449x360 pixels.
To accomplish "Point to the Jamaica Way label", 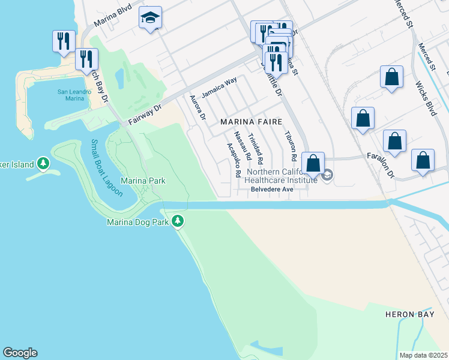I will coord(219,88).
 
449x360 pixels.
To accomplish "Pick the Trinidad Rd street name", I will coord(256,149).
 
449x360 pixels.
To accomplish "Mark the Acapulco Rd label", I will coord(233,160).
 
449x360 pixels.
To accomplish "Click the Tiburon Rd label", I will coord(290,147).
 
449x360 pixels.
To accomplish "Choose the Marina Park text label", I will coord(143,181).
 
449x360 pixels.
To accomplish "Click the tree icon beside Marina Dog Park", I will coord(178,221).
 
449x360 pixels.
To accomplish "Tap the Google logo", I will coord(20,353).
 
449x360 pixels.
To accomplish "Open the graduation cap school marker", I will coord(150,18).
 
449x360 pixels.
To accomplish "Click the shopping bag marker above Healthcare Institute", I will coord(313,163).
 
